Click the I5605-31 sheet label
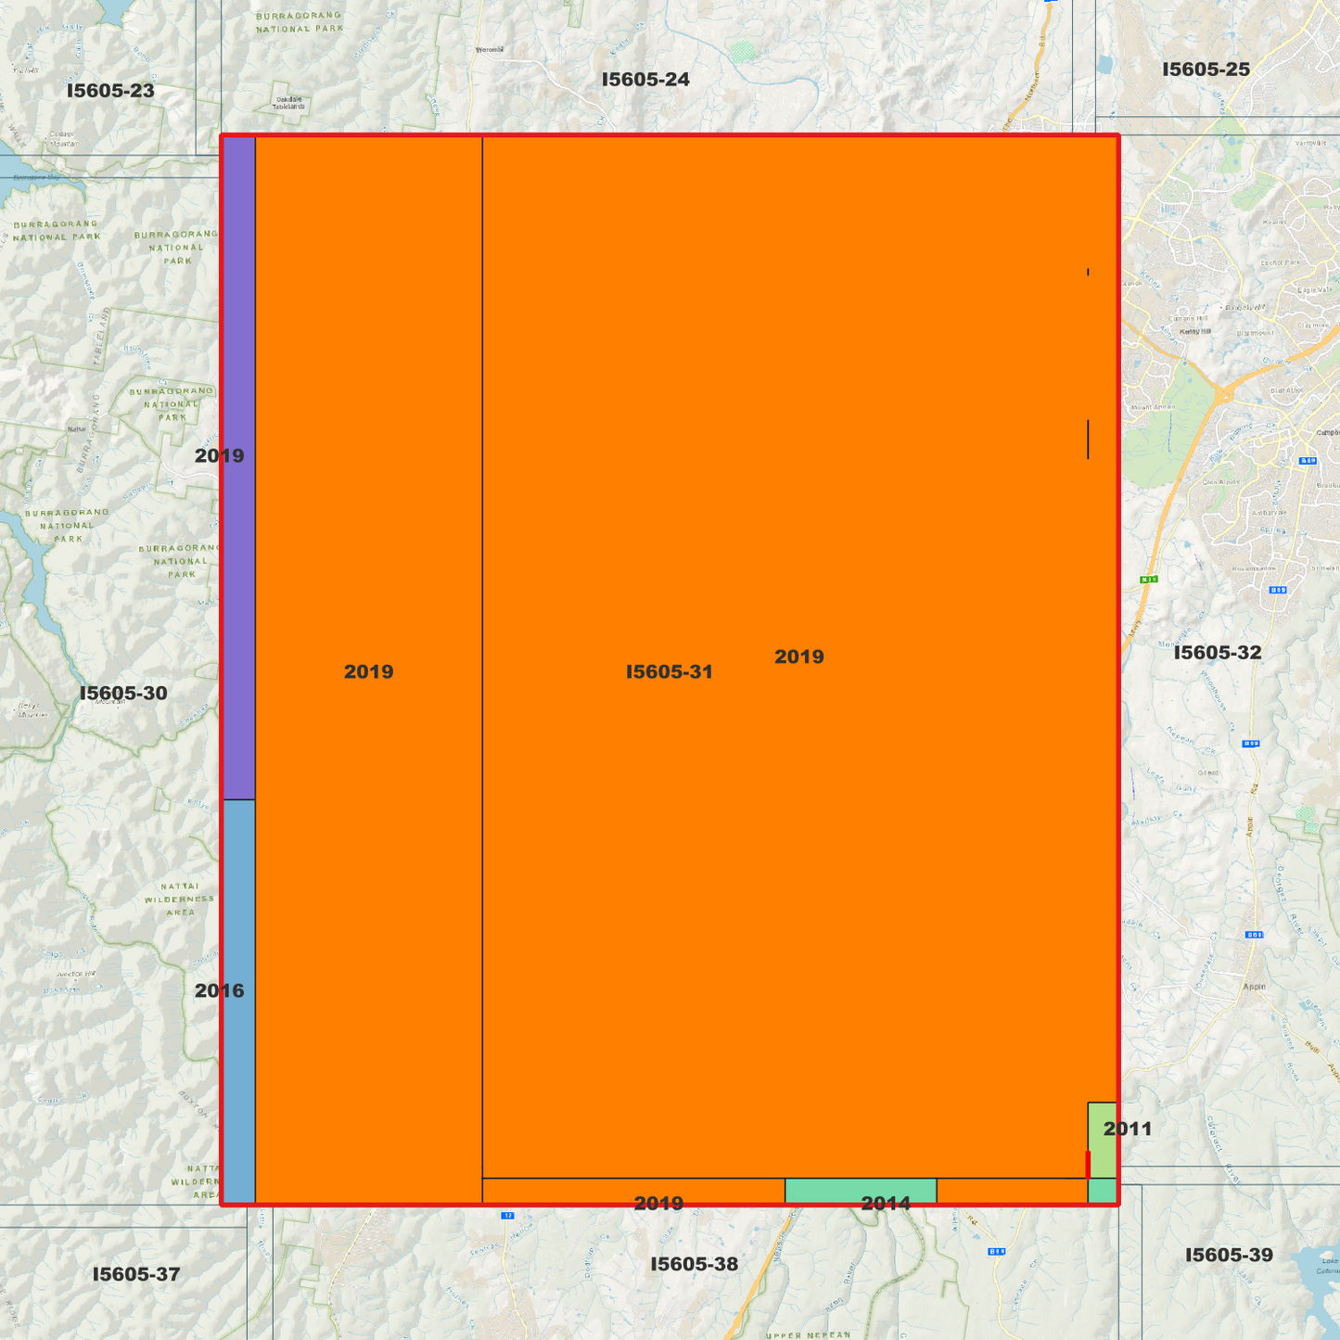[669, 671]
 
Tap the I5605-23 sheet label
[110, 90]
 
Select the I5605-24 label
[645, 79]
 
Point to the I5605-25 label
[1206, 69]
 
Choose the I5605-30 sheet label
[123, 693]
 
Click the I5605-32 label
[1218, 652]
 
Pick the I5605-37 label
[136, 1274]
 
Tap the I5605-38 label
[694, 1264]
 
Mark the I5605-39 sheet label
[1229, 1255]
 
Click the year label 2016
[220, 990]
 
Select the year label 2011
[1128, 1129]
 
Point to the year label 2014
[886, 1203]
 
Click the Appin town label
[1254, 986]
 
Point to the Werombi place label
[489, 50]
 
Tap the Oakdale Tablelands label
[288, 103]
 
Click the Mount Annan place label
[1153, 407]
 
